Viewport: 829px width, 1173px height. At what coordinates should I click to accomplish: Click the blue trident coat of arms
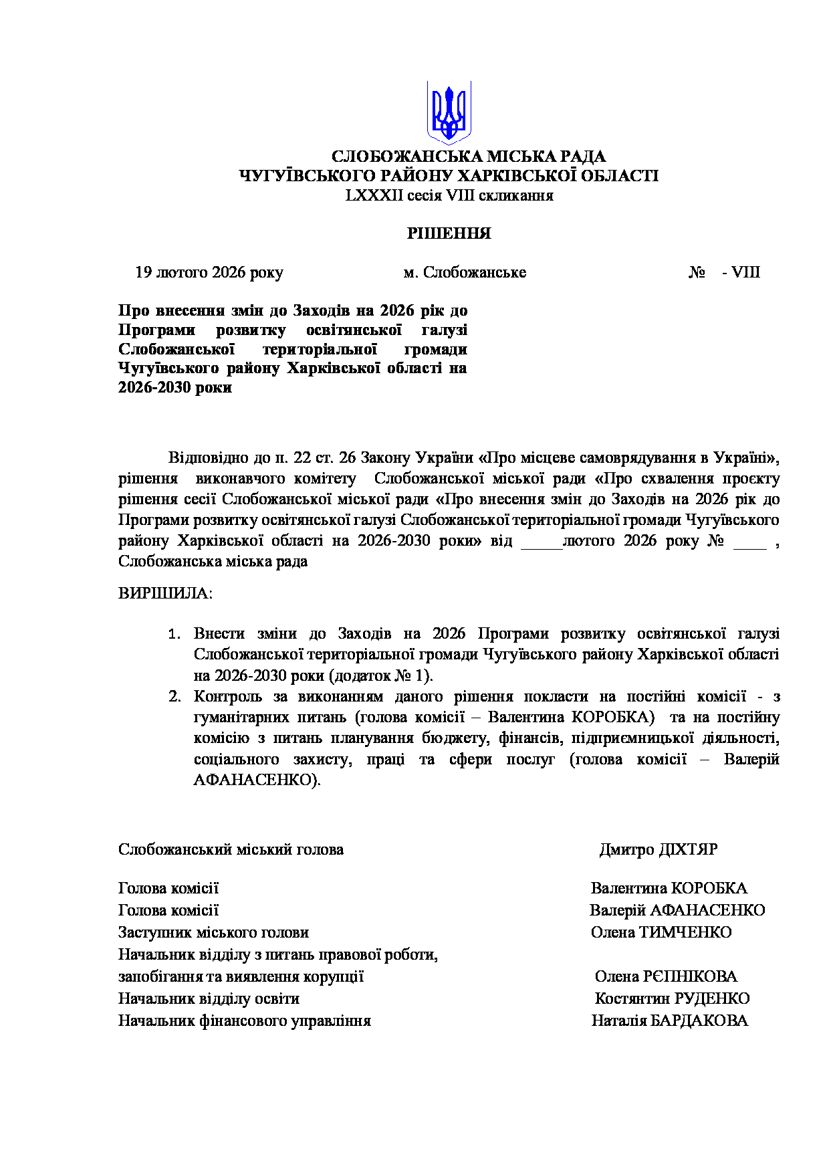[x=449, y=112]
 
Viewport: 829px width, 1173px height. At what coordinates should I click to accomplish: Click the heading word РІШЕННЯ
[x=449, y=233]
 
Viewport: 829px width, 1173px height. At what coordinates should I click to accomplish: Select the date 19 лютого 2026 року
[x=209, y=272]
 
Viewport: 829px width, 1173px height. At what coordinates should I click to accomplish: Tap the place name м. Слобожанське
[x=465, y=272]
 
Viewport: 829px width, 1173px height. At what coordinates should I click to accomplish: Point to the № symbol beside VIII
[x=698, y=272]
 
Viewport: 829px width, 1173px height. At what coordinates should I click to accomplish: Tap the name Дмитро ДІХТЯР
[x=659, y=849]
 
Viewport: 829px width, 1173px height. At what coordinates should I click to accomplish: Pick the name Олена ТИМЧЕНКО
[x=661, y=932]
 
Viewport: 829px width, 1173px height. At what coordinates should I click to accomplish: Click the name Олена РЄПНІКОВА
[x=666, y=976]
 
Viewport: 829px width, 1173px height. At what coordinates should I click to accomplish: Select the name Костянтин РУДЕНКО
[x=672, y=998]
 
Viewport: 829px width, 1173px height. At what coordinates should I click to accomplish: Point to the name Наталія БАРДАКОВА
[x=670, y=1021]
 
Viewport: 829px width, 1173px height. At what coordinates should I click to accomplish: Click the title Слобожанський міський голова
[x=231, y=849]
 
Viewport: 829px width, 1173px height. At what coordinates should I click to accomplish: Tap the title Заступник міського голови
[x=213, y=932]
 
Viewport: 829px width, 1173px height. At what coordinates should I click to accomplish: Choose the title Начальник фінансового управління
[x=244, y=1021]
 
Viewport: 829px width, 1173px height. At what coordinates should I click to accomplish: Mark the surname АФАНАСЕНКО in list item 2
[x=253, y=780]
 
